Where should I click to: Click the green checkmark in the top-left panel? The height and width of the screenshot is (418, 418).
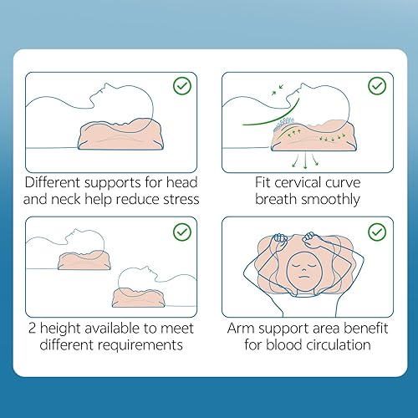pos(181,84)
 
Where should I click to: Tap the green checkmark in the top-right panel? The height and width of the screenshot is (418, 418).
pos(376,84)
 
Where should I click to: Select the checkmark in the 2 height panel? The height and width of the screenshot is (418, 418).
pos(181,231)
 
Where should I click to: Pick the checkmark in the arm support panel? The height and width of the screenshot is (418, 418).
pos(376,231)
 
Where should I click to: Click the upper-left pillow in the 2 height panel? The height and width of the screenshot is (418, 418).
pos(83,260)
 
